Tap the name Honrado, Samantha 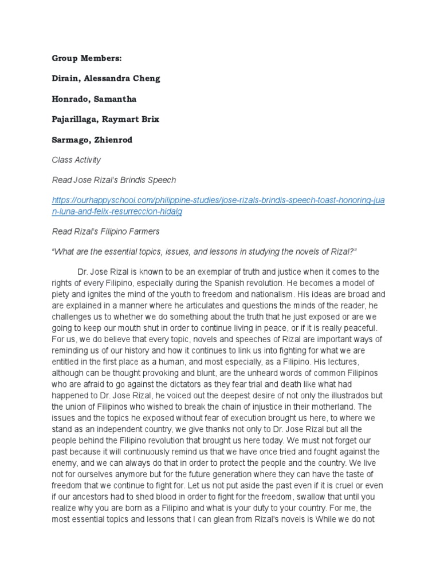click(x=94, y=99)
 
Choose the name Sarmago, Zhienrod click(x=92, y=140)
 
